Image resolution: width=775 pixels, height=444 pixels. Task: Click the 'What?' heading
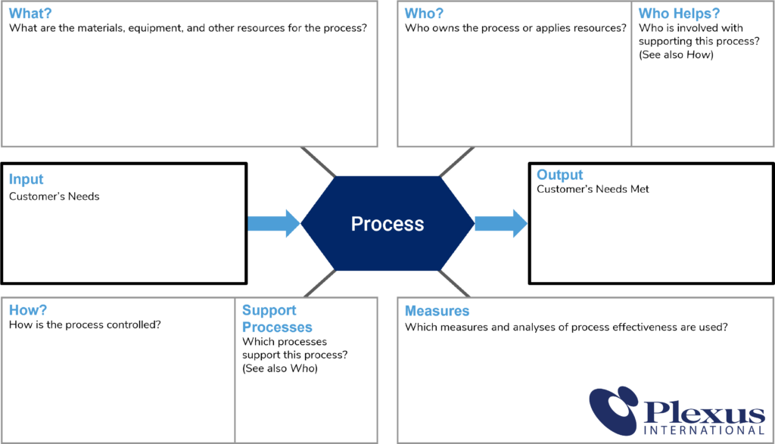(30, 13)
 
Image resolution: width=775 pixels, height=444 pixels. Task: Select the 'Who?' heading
(424, 13)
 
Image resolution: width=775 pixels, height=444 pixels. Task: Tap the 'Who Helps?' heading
(679, 13)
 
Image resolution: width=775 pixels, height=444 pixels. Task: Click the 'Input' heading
(26, 179)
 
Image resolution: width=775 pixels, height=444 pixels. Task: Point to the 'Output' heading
(560, 174)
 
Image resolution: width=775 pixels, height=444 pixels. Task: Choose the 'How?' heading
(28, 310)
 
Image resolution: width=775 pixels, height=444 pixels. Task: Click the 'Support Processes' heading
(277, 318)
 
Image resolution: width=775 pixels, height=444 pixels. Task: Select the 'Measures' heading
(437, 311)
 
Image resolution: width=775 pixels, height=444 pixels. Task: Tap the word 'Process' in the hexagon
(387, 224)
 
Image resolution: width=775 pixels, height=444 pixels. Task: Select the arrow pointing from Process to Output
(500, 223)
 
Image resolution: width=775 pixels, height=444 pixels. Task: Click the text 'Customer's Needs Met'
(593, 189)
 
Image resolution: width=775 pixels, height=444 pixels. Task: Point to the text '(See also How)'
(676, 54)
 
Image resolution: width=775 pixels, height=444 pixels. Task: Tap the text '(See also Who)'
(280, 368)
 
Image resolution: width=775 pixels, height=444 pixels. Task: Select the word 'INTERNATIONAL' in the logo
(704, 431)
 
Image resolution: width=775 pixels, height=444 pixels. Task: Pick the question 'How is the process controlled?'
(85, 325)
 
